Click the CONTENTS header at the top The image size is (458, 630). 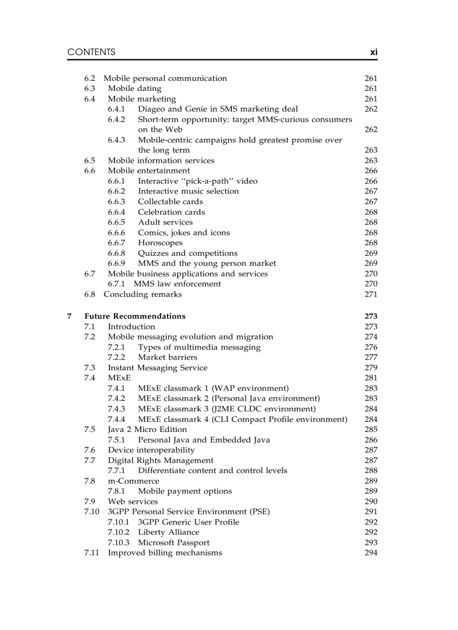(x=91, y=52)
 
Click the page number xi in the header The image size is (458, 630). (x=373, y=52)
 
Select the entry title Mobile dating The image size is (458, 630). (x=134, y=89)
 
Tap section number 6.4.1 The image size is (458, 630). (x=116, y=109)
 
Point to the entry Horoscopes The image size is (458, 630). (x=160, y=243)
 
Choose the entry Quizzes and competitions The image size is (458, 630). (x=187, y=254)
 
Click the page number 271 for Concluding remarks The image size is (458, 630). (x=370, y=295)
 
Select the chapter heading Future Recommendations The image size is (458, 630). (x=135, y=316)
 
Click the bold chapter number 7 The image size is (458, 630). (x=70, y=316)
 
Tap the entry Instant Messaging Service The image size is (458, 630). (x=157, y=368)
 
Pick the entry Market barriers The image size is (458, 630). (x=167, y=357)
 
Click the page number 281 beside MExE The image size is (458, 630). (x=370, y=378)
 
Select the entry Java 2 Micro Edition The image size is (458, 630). (x=147, y=430)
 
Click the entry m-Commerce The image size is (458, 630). (x=133, y=481)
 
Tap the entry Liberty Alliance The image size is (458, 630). (x=168, y=532)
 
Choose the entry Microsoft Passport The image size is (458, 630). (x=173, y=542)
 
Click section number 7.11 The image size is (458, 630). (x=91, y=553)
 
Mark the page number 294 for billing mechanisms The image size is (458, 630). (x=370, y=553)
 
